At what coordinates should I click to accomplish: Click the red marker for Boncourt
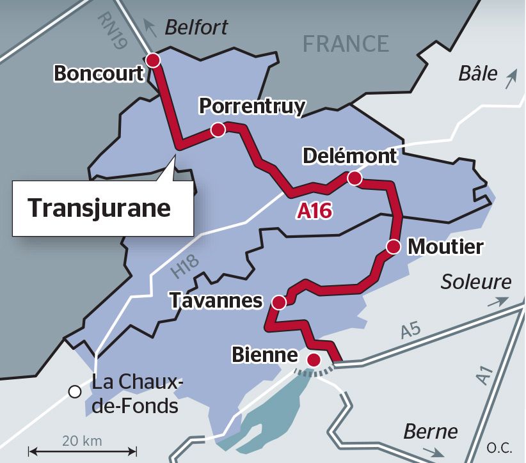pos(153,60)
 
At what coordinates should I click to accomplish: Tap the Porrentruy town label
pos(252,106)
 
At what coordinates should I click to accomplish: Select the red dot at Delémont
pos(354,179)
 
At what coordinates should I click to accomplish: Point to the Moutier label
pos(445,246)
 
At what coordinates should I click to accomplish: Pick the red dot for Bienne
pos(314,359)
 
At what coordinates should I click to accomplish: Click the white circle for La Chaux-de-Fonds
pos(76,391)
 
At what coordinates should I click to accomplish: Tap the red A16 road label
pos(314,211)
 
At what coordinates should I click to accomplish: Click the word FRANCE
pos(346,43)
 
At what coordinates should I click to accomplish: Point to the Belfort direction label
pos(196,27)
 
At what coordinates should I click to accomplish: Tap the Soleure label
pos(476,281)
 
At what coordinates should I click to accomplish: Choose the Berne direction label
pos(430,432)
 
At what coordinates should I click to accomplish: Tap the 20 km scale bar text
pos(82,441)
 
